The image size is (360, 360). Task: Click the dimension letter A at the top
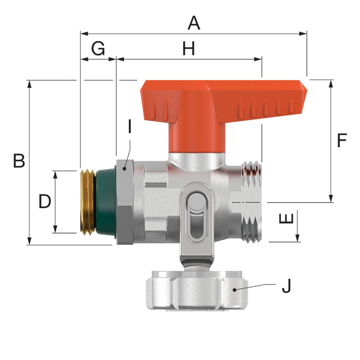click(x=193, y=23)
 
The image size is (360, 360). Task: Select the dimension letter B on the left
click(x=19, y=161)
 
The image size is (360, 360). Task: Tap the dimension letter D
click(x=45, y=202)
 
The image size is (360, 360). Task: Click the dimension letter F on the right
click(x=342, y=141)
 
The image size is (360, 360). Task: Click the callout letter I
click(x=129, y=127)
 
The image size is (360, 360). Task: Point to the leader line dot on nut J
click(x=235, y=289)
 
